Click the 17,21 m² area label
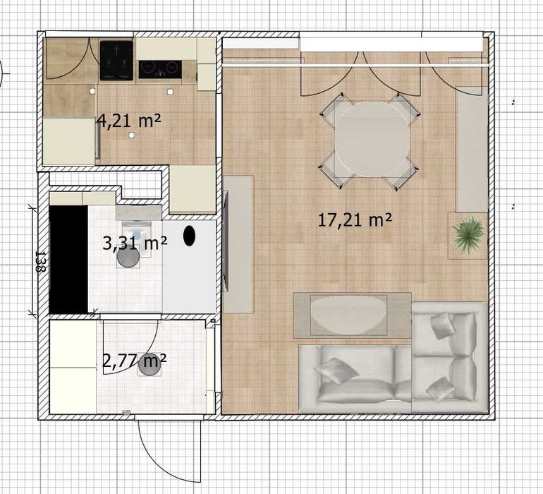(x=355, y=220)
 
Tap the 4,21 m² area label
(x=129, y=121)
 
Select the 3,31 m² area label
(x=135, y=243)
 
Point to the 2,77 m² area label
(x=135, y=361)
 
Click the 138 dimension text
(x=40, y=262)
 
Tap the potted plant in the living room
(x=468, y=235)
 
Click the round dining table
(x=372, y=138)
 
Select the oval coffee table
(x=348, y=315)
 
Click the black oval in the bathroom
(x=189, y=236)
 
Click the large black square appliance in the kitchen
(x=116, y=61)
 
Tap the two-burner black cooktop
(x=160, y=69)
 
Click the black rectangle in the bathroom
(x=68, y=260)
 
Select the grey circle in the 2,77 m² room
(x=150, y=364)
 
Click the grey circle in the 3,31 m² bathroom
(x=128, y=257)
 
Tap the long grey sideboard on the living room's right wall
(x=473, y=149)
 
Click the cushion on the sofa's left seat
(x=336, y=371)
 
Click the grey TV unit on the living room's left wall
(x=238, y=243)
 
